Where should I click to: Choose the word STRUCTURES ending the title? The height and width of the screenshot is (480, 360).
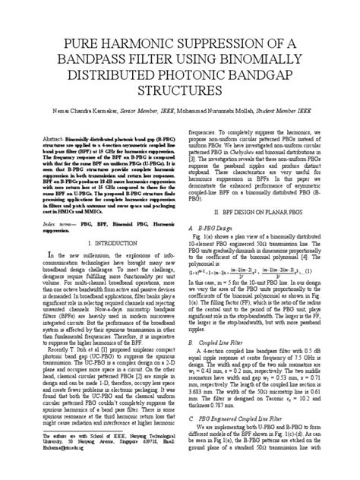tap(179, 92)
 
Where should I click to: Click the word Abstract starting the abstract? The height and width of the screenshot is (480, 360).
tap(37, 141)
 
